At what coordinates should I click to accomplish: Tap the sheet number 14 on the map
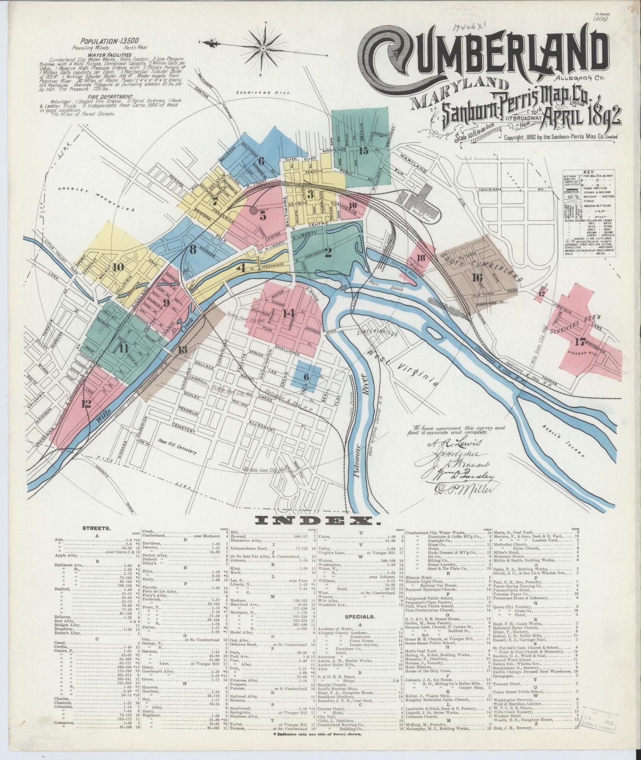(288, 313)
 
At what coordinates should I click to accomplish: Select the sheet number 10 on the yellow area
(118, 267)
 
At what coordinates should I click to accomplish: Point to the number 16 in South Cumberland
(477, 278)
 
